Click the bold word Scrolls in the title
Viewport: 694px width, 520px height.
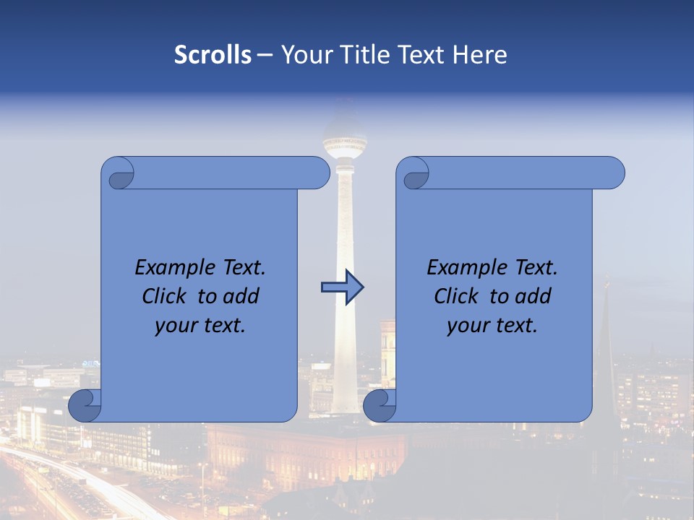[x=213, y=55]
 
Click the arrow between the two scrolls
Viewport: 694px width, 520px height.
[x=342, y=287]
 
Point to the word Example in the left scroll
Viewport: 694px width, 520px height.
[x=172, y=268]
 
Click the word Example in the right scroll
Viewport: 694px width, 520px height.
[x=464, y=268]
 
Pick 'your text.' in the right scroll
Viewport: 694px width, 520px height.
[x=492, y=326]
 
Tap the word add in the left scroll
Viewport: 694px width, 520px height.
[x=241, y=296]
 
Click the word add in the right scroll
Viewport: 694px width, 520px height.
[x=534, y=296]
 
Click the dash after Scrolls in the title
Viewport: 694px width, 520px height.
[x=265, y=55]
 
